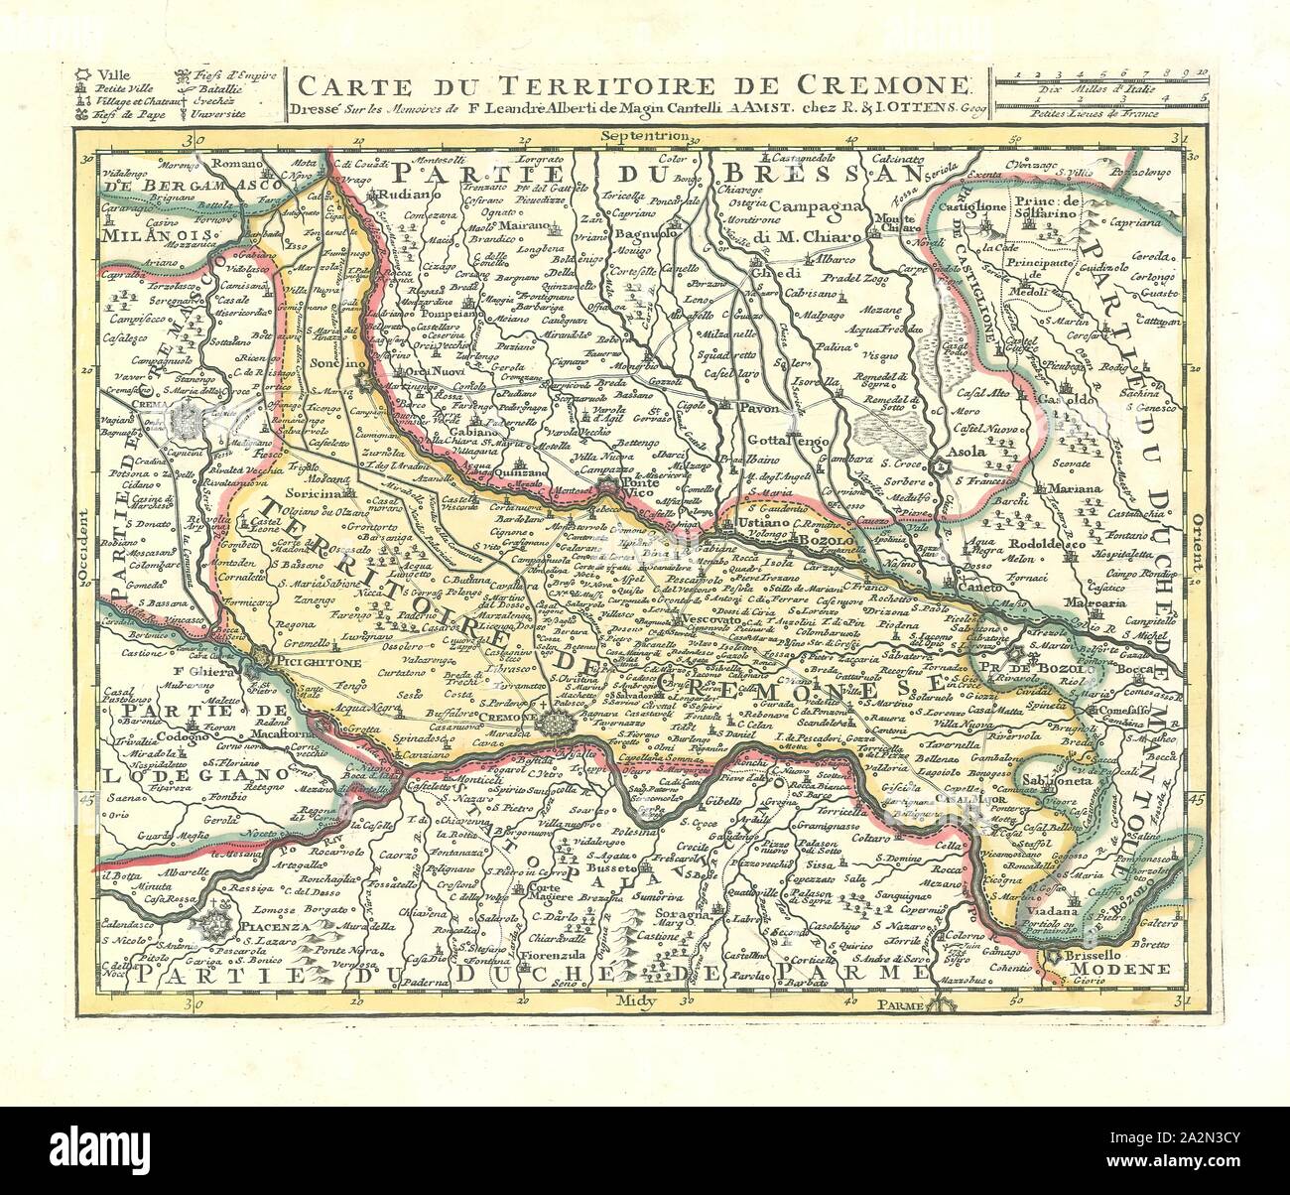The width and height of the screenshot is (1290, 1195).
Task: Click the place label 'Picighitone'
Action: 313,657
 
